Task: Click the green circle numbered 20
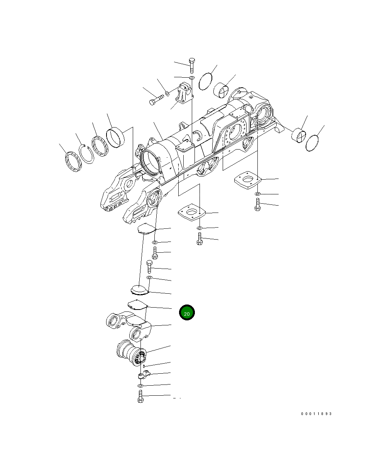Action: pyautogui.click(x=187, y=313)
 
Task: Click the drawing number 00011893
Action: pyautogui.click(x=316, y=414)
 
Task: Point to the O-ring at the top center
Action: pyautogui.click(x=206, y=80)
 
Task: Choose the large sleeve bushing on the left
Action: pyautogui.click(x=117, y=137)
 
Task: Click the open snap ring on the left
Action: pyautogui.click(x=86, y=154)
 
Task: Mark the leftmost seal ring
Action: pyautogui.click(x=73, y=162)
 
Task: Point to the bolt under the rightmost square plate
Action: pyautogui.click(x=258, y=204)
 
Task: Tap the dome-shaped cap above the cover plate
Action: pyautogui.click(x=138, y=289)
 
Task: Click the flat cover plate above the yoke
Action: pyautogui.click(x=137, y=305)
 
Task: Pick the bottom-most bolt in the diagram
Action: pyautogui.click(x=140, y=396)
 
